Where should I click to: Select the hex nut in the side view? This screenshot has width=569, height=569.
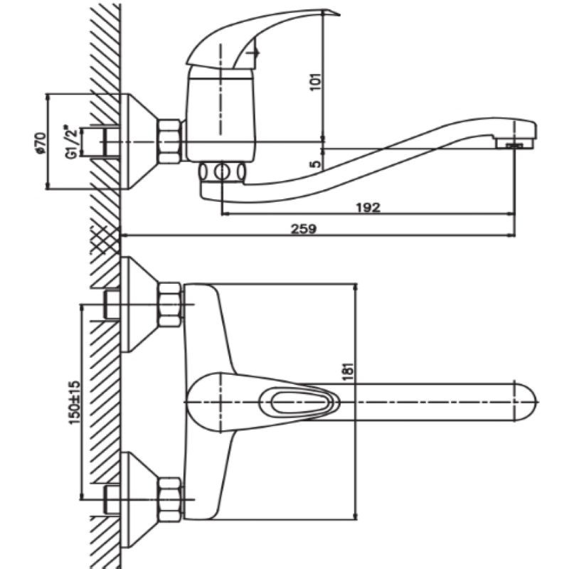click(x=169, y=141)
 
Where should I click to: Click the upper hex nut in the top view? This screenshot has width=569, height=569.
click(x=169, y=304)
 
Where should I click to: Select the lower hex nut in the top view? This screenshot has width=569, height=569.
click(x=169, y=498)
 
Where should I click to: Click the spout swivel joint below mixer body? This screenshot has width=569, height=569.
click(x=223, y=171)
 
